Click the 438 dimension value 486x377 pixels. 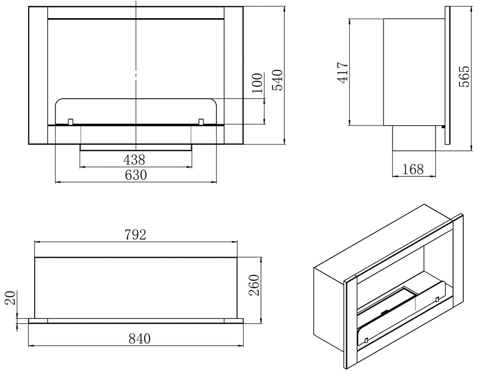tap(134, 160)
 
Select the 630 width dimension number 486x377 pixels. tap(136, 175)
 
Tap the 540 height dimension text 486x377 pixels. tap(277, 80)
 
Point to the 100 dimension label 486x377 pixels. tap(257, 83)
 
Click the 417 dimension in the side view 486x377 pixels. tap(343, 73)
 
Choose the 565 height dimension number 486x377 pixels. tap(464, 76)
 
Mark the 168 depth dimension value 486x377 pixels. tap(413, 169)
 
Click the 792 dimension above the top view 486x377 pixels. tap(135, 235)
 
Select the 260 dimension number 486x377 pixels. tap(254, 285)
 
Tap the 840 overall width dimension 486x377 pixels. tap(140, 339)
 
